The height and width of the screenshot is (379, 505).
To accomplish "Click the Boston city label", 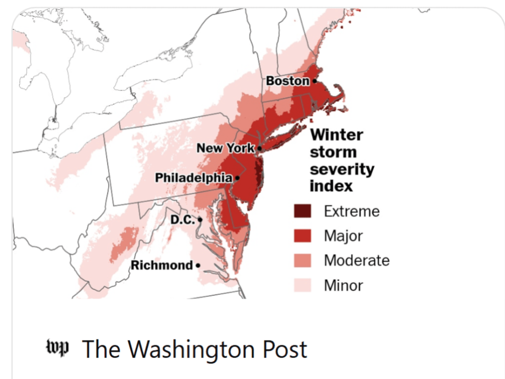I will tap(287, 81).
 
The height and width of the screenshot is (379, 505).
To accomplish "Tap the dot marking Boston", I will tap(314, 81).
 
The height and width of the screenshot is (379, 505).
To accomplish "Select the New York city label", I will tap(226, 148).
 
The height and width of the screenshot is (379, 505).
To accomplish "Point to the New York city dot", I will tap(259, 149).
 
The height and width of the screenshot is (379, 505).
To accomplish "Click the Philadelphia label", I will tap(193, 178).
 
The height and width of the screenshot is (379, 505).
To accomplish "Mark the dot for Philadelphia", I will tap(237, 178).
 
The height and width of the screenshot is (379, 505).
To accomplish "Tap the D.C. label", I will tap(183, 219).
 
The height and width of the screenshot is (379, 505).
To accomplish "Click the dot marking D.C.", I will tap(200, 219).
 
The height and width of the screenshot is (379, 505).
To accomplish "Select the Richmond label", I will tap(162, 265).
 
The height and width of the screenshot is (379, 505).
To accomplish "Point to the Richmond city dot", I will tap(198, 265).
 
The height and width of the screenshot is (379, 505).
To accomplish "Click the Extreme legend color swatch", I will tap(302, 211).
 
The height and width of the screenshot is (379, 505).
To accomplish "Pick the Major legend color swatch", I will tap(302, 236).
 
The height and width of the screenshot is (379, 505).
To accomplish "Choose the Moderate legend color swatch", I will tap(302, 261).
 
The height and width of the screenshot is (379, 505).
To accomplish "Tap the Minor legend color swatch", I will tap(302, 286).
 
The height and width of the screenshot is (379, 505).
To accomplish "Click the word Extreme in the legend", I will tap(352, 211).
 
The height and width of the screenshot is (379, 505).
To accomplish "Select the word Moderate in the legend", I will tap(357, 261).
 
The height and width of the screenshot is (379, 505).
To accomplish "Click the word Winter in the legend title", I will tap(336, 135).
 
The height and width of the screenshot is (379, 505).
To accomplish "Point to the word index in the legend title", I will tap(331, 186).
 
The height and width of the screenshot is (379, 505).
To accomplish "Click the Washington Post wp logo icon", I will tap(57, 349).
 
